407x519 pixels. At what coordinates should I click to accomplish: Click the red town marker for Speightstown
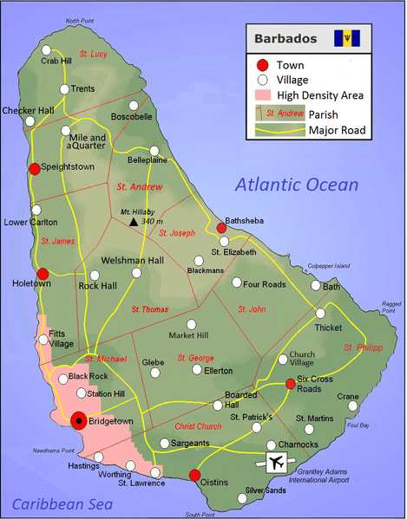[x=35, y=169]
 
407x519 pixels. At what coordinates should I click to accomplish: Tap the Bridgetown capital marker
[x=79, y=421]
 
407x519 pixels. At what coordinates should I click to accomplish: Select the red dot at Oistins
[x=194, y=475]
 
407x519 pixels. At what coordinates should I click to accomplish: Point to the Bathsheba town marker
[x=221, y=229]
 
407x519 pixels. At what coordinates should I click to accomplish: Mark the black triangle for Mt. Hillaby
[x=133, y=222]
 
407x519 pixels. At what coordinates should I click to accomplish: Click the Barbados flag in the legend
[x=351, y=38]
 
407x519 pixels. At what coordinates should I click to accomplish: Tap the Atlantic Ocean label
[x=296, y=184]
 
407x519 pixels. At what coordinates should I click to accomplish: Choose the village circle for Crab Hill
[x=47, y=50]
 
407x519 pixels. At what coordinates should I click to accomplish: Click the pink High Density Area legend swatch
[x=263, y=95]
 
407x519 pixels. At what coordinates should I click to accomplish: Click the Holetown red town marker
[x=43, y=273]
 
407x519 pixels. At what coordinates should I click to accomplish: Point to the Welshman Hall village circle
[x=135, y=274]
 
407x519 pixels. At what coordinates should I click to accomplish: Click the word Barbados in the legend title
[x=282, y=39]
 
